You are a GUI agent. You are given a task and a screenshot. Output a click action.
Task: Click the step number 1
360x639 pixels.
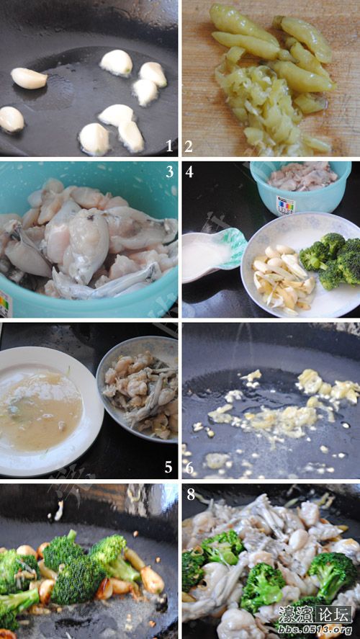coord(169,146)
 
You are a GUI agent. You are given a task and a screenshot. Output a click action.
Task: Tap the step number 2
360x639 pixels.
coord(189,146)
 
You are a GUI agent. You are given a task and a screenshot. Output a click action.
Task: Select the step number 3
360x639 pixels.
coord(169,172)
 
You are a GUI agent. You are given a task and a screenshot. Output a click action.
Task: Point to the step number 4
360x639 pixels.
coord(189,172)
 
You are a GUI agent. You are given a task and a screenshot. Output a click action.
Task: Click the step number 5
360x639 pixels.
coord(168,467)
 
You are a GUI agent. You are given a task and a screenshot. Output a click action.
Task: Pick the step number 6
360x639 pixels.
coord(189,467)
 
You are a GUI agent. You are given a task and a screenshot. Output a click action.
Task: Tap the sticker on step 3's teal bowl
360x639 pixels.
coord(4,303)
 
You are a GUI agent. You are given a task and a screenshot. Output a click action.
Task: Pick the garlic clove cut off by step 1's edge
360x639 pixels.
coord(9,118)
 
